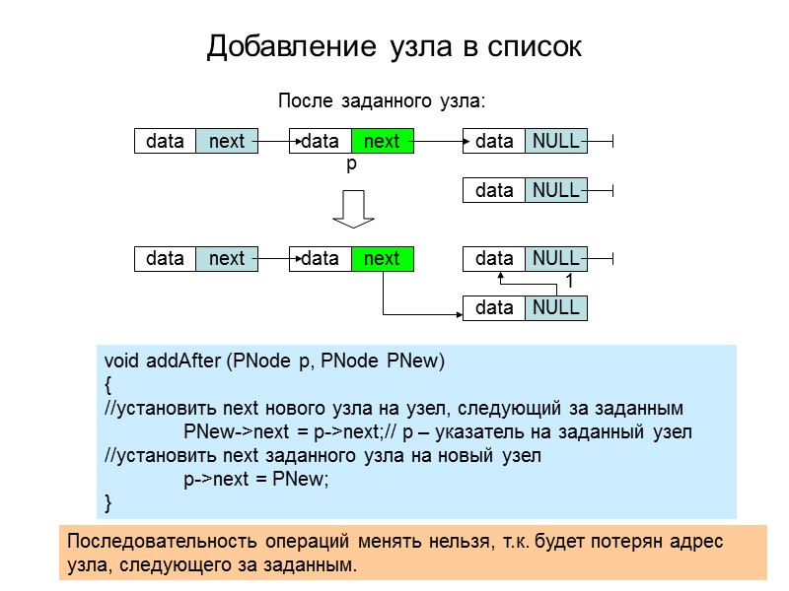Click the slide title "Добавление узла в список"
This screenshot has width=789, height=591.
coord(394,46)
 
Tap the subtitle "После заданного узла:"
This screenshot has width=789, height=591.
coord(384,100)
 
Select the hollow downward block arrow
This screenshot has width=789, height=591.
coord(352,208)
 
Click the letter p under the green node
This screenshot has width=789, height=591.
coord(350,166)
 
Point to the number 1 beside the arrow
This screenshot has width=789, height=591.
coord(569,283)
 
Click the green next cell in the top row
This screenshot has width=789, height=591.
coord(382,142)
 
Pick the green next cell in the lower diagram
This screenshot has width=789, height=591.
coord(382,259)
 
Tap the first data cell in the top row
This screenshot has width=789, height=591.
coord(165,142)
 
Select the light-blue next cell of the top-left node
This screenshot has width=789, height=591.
coord(227,142)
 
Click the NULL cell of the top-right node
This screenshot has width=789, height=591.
coord(555,142)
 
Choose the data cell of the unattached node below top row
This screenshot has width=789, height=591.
coord(494,190)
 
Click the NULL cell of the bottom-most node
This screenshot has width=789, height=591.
coord(555,308)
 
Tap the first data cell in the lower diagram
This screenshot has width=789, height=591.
coord(165,259)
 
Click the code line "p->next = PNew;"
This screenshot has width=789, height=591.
coord(254,480)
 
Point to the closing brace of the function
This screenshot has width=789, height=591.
coord(108,503)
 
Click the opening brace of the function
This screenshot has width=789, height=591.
coord(108,385)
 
